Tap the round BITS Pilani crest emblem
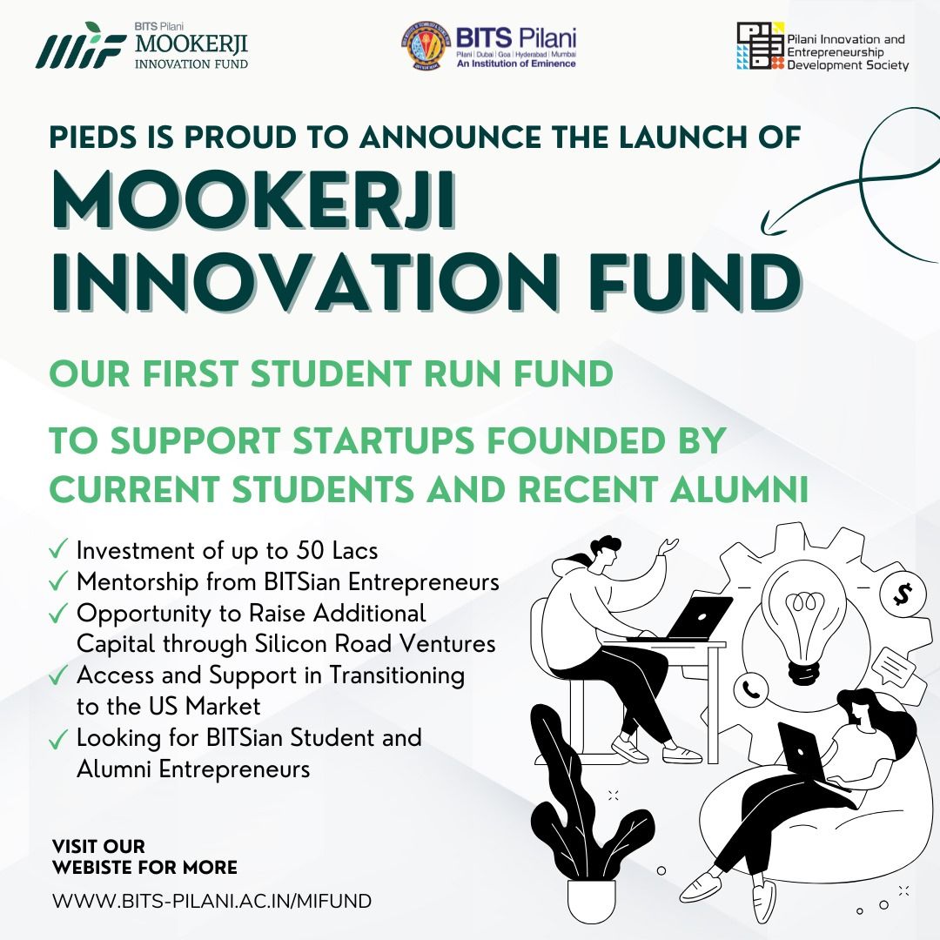point(426,46)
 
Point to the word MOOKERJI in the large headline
point(253,203)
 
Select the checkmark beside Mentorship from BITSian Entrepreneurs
point(59,581)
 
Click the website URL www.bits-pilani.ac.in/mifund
point(211,901)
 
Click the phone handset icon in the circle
point(750,691)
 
